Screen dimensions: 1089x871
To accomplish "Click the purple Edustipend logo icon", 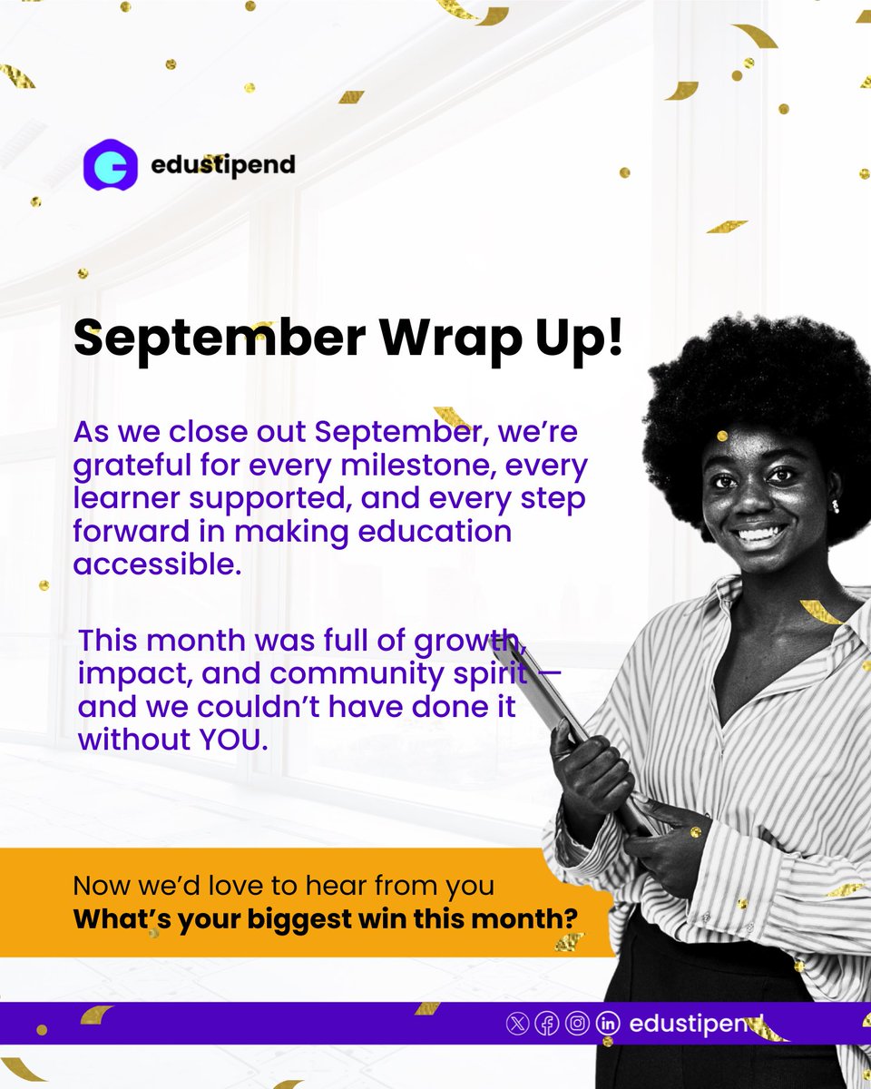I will click(110, 164).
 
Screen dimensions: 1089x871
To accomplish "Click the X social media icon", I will click(517, 1023).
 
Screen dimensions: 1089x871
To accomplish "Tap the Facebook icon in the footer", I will click(547, 1023).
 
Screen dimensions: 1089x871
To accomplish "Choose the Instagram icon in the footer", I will click(577, 1023).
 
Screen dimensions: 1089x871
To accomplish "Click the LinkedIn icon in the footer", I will click(607, 1023).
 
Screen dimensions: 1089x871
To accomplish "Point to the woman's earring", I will click(835, 505).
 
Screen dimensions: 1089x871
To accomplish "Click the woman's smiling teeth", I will click(760, 533).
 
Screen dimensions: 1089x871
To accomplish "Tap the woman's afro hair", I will click(753, 381).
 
